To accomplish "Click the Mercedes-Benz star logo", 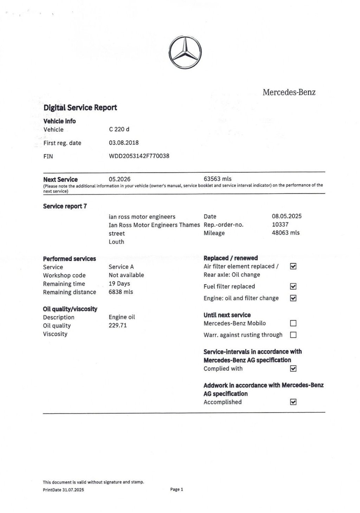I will [x=185, y=53].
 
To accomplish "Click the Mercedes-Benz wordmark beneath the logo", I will [x=289, y=92].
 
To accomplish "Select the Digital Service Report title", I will [x=80, y=108].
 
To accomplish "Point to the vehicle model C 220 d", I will [x=119, y=129].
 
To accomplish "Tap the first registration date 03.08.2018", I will [x=124, y=143].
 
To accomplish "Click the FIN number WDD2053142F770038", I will [x=139, y=156].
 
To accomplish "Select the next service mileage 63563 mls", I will [x=218, y=179].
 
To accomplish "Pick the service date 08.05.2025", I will [x=287, y=216].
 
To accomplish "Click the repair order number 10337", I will [x=280, y=224].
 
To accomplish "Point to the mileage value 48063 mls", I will [x=286, y=233].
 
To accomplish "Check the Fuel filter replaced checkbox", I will [x=293, y=286].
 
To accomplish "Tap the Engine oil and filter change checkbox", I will [x=293, y=298].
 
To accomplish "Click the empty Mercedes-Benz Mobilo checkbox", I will [x=293, y=323].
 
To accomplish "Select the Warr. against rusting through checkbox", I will [x=293, y=335].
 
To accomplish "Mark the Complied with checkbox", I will [x=293, y=369].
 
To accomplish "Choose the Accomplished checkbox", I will [x=293, y=402].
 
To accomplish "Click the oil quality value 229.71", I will [x=118, y=325].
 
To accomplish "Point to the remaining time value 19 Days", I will [x=119, y=284].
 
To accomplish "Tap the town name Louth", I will [x=116, y=242].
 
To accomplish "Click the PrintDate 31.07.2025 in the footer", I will [x=63, y=490].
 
